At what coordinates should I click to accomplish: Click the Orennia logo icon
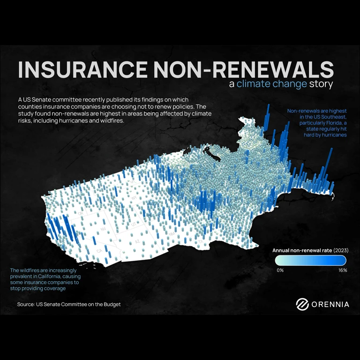pyautogui.click(x=302, y=304)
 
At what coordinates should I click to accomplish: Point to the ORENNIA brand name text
pyautogui.click(x=330, y=304)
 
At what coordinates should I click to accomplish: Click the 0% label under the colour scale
pyautogui.click(x=280, y=270)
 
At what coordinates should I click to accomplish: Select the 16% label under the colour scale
pyautogui.click(x=342, y=270)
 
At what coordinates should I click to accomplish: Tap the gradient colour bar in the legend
pyautogui.click(x=311, y=261)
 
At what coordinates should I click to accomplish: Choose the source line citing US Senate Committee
pyautogui.click(x=69, y=304)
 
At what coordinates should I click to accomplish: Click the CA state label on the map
pyautogui.click(x=99, y=251)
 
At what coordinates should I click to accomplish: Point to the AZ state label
pyautogui.click(x=138, y=241)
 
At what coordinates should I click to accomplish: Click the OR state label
pyautogui.click(x=81, y=213)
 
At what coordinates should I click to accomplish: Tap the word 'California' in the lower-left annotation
pyautogui.click(x=56, y=277)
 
